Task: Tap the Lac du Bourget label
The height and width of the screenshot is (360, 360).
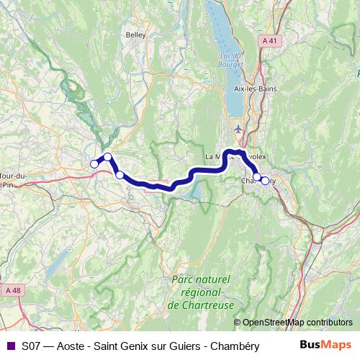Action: [x=229, y=60]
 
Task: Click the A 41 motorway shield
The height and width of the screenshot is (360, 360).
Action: [x=269, y=41]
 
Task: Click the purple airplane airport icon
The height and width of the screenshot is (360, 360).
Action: [x=239, y=129]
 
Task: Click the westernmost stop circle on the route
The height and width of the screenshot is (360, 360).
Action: [x=94, y=164]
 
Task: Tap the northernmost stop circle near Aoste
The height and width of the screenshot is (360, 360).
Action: [x=107, y=157]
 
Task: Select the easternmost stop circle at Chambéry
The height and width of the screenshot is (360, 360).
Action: [x=265, y=181]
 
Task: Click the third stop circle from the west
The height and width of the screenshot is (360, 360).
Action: [x=120, y=174]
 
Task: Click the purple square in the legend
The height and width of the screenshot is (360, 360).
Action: [x=10, y=345]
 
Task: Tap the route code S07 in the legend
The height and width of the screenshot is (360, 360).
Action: [x=31, y=345]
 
